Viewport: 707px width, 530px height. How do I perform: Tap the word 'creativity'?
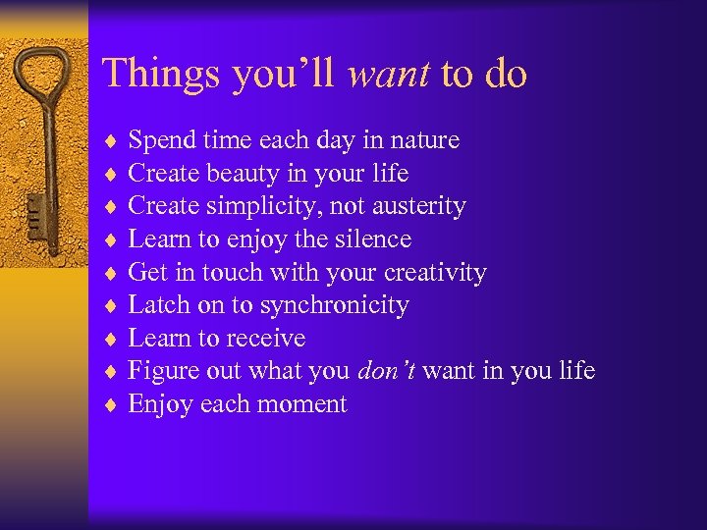point(435,272)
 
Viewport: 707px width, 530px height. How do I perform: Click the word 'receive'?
point(268,339)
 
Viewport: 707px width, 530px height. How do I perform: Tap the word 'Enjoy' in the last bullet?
point(161,404)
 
